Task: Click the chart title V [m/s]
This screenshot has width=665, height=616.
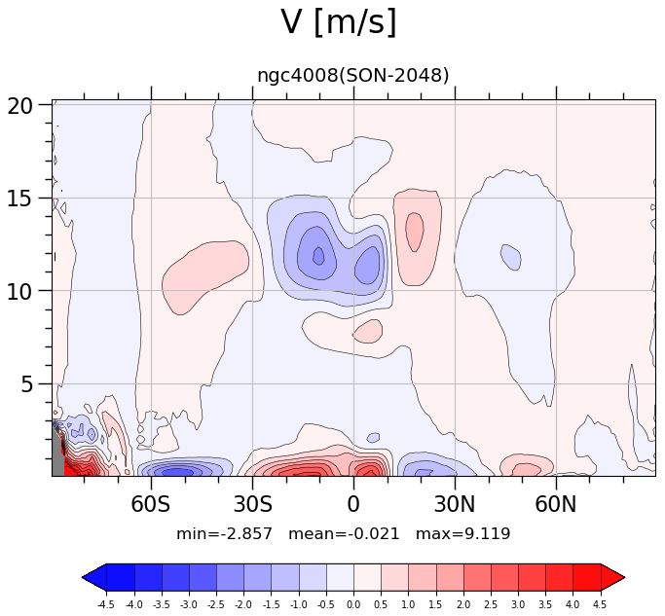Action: pyautogui.click(x=339, y=22)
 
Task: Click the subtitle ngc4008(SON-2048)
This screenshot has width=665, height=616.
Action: pyautogui.click(x=352, y=76)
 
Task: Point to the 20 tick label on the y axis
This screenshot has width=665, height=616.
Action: pyautogui.click(x=19, y=105)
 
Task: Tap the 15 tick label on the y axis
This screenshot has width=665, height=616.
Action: pyautogui.click(x=19, y=198)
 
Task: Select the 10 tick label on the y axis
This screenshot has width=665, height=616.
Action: pyautogui.click(x=19, y=291)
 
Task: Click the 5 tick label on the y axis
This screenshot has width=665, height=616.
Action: pyautogui.click(x=26, y=384)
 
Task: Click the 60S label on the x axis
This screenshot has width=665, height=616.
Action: pyautogui.click(x=150, y=504)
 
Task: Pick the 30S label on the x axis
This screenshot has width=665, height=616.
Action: pyautogui.click(x=253, y=504)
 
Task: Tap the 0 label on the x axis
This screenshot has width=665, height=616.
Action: pyautogui.click(x=353, y=504)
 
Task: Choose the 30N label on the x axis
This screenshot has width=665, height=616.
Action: pyautogui.click(x=455, y=504)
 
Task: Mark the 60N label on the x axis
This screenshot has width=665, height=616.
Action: pyautogui.click(x=556, y=504)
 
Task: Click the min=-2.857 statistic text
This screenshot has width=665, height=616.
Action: pyautogui.click(x=224, y=533)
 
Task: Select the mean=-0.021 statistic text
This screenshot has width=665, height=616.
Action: pyautogui.click(x=344, y=533)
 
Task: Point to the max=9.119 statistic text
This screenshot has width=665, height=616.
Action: pyautogui.click(x=462, y=533)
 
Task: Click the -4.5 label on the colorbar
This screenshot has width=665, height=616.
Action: pyautogui.click(x=106, y=604)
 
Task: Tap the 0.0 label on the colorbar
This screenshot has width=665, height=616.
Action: pyautogui.click(x=353, y=604)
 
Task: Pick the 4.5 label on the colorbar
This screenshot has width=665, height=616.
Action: pyautogui.click(x=600, y=604)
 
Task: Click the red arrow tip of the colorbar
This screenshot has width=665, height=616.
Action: pyautogui.click(x=624, y=577)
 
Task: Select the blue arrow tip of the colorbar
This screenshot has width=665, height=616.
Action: pyautogui.click(x=83, y=577)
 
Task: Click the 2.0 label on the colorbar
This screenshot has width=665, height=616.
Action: pyautogui.click(x=463, y=604)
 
